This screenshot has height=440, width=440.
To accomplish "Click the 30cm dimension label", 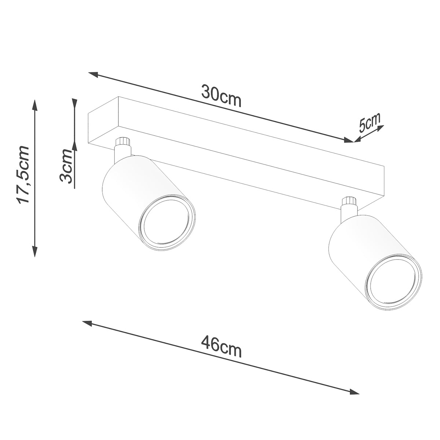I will [221, 96].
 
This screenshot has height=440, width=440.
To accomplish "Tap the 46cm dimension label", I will [221, 346].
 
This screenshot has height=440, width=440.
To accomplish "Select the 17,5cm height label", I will [23, 174].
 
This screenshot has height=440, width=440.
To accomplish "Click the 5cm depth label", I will [370, 122].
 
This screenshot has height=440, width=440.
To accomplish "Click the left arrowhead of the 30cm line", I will [92, 74].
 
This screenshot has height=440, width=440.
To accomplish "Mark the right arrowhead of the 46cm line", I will [355, 392].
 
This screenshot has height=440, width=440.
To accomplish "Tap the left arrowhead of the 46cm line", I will [87, 323].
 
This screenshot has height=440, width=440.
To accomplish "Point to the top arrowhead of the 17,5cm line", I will [35, 104].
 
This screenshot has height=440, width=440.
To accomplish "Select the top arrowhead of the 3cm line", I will [74, 103].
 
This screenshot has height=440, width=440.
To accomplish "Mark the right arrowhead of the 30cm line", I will [349, 140].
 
